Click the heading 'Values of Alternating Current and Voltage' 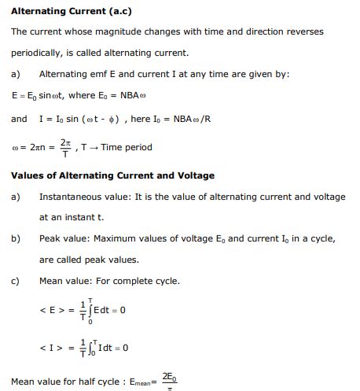112,175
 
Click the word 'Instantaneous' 72,196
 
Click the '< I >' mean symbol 50,347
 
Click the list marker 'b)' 16,238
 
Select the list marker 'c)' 16,281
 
